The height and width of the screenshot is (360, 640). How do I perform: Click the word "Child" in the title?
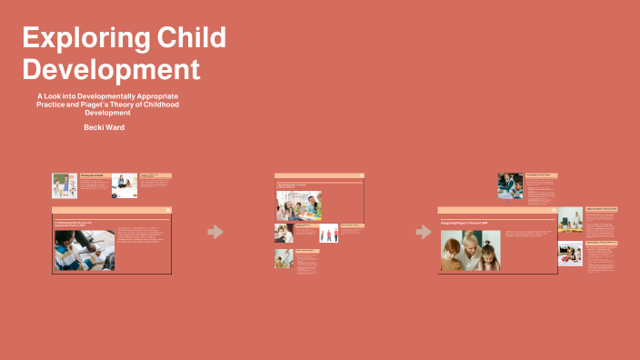pos(190,38)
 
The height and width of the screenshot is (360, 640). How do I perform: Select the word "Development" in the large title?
pos(110,69)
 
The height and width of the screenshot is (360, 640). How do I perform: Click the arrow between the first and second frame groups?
pos(215,232)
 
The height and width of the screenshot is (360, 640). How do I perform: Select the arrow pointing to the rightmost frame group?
pos(424,232)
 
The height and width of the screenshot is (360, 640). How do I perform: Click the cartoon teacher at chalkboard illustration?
pos(65,185)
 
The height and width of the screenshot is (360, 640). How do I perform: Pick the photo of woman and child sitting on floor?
pos(125,185)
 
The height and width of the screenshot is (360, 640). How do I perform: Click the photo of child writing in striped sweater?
pos(85,249)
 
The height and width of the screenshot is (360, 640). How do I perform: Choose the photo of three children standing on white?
pos(328,233)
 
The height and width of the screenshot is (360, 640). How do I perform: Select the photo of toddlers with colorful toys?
pos(570,253)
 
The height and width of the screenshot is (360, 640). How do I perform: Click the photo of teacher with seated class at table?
pos(570,219)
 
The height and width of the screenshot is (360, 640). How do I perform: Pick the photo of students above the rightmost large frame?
pos(510,185)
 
